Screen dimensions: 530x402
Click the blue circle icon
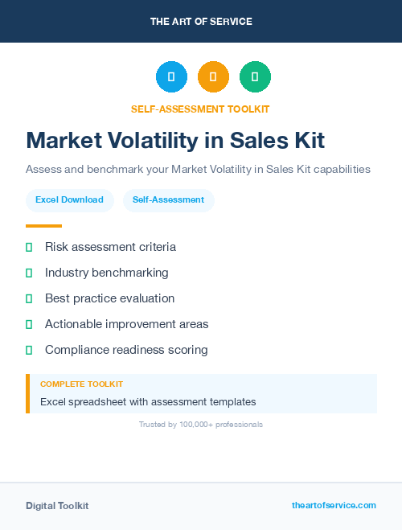pos(171,77)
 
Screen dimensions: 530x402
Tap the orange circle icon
pos(213,77)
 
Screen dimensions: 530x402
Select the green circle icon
pos(255,77)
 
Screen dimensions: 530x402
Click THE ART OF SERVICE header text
pos(201,22)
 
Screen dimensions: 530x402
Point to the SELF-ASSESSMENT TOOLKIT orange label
pos(200,109)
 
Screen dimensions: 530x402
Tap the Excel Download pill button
pos(69,199)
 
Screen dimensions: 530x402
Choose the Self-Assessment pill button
pos(168,199)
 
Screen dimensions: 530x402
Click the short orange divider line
pos(43,226)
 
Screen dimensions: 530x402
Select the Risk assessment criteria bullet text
pos(110,247)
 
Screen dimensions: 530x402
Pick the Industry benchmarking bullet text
pos(107,273)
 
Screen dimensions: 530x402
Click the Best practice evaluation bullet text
pos(109,298)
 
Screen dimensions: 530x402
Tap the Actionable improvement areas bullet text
pos(126,324)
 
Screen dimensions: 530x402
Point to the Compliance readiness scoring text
pos(126,350)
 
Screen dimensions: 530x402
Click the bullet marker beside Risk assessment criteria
pos(29,247)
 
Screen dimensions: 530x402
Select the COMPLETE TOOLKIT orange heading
pos(81,384)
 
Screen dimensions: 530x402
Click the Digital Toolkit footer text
pos(57,506)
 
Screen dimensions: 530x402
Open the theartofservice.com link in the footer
pos(334,505)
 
